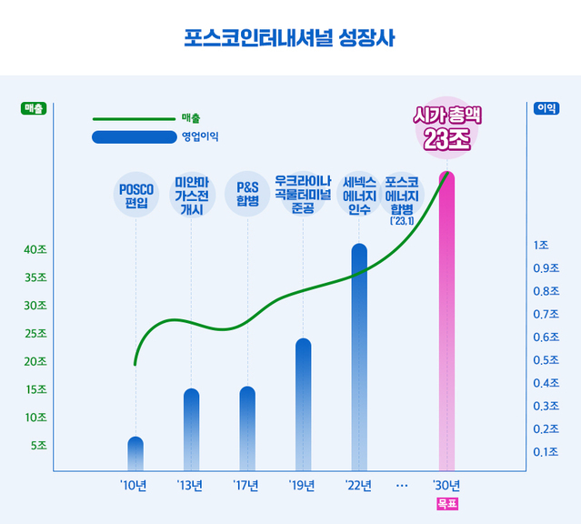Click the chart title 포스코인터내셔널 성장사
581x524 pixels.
coord(290,38)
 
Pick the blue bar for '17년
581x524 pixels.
coord(247,428)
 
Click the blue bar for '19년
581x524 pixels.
coord(303,404)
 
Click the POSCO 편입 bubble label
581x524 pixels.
coord(135,195)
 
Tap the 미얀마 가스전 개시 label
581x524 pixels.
coord(191,195)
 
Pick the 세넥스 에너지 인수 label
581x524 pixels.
coord(359,195)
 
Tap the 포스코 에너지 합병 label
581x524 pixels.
coord(401,197)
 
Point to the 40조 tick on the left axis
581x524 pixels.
coord(35,250)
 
